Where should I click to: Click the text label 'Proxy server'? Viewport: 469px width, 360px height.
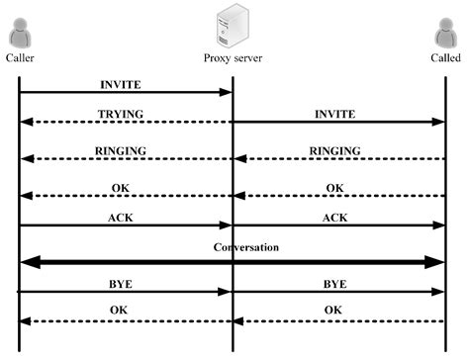pos(233,58)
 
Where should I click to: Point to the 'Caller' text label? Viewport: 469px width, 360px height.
pos(20,58)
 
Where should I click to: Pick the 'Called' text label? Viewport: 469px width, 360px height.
pos(445,58)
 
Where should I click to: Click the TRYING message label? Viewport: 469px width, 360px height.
pos(122,114)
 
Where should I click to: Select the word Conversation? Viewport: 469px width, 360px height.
pos(233,247)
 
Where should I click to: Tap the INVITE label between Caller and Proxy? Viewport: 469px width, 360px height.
pos(122,83)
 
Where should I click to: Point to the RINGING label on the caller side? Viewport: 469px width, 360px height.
pos(122,150)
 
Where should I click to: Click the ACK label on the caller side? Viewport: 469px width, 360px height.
pos(122,217)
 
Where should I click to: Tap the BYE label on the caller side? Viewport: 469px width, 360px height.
pos(121,284)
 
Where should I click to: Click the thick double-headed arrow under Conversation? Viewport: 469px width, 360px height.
pos(233,262)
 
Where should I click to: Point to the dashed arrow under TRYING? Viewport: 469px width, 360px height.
pos(126,123)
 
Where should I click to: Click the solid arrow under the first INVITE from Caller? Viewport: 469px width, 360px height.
pos(126,93)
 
